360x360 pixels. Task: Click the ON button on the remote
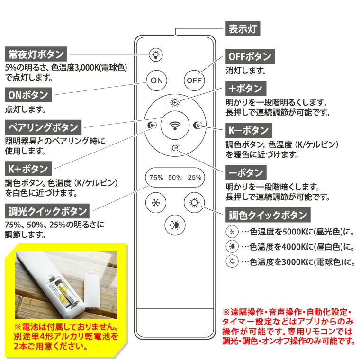click(156, 80)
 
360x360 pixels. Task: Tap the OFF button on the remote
click(194, 80)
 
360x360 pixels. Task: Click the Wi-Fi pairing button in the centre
click(175, 125)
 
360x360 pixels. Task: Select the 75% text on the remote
click(156, 178)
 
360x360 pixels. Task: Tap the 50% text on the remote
click(175, 178)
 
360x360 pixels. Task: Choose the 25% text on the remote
click(194, 178)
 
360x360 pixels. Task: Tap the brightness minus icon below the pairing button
click(175, 148)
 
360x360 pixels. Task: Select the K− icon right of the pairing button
click(198, 125)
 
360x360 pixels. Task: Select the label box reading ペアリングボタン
click(43, 127)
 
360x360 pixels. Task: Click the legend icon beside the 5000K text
click(232, 232)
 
